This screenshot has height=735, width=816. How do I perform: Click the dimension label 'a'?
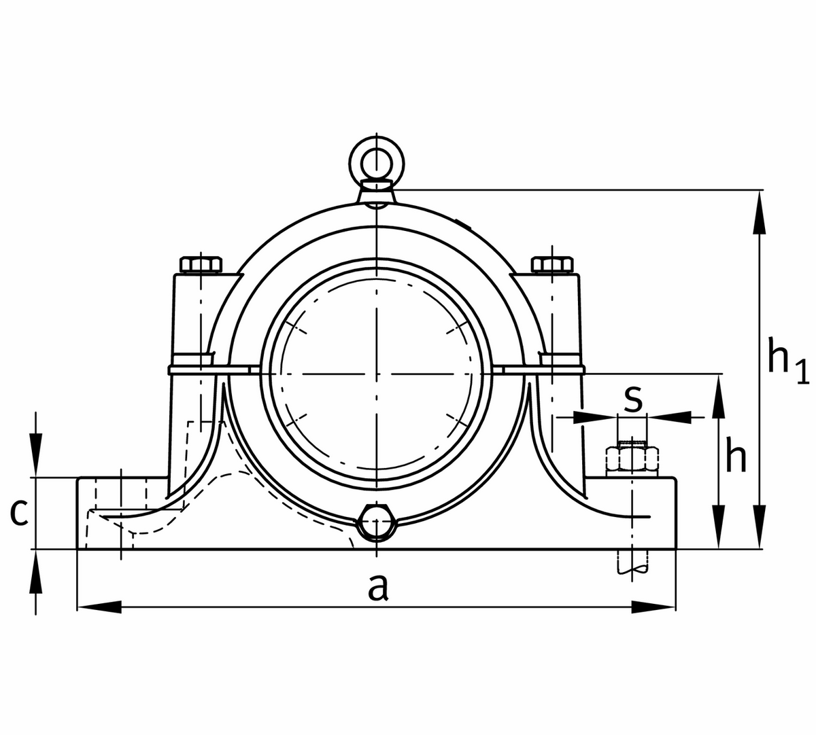[378, 588]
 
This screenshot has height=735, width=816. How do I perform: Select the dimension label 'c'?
[20, 513]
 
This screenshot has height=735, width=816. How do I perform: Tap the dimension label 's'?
[632, 399]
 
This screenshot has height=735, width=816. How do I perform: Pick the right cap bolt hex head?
[552, 264]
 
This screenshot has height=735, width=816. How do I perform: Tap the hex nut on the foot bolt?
[632, 459]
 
